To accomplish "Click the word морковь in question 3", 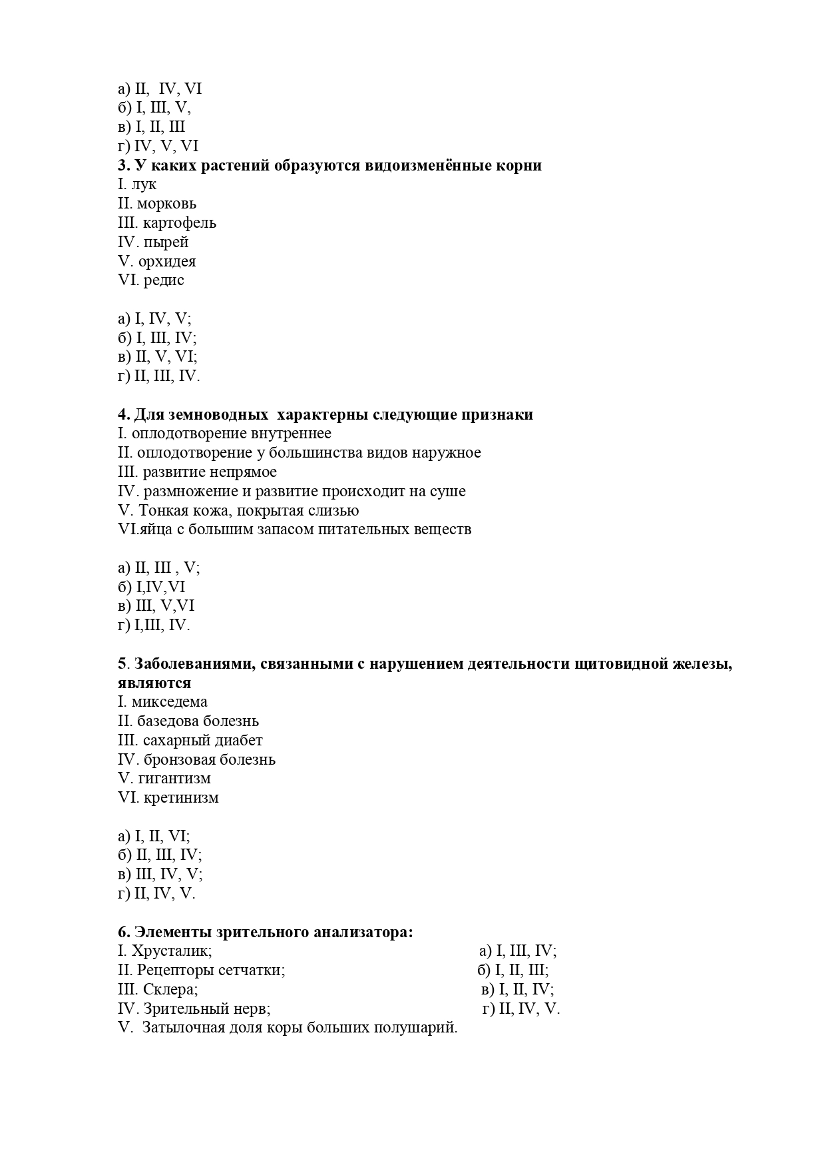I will (x=166, y=204).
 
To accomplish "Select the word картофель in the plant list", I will (x=179, y=223).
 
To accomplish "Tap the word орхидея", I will (x=167, y=261).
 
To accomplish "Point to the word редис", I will (x=164, y=280).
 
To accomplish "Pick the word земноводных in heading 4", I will (x=198, y=415).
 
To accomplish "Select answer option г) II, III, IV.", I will (x=158, y=376).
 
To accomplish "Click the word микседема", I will (x=169, y=702).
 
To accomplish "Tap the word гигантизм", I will (x=174, y=779).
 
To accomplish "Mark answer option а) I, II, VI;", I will (x=154, y=837).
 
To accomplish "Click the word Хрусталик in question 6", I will (x=171, y=951).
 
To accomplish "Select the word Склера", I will (x=170, y=990).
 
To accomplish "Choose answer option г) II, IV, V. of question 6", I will (x=521, y=1009).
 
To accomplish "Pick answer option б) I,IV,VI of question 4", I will (x=151, y=587).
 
